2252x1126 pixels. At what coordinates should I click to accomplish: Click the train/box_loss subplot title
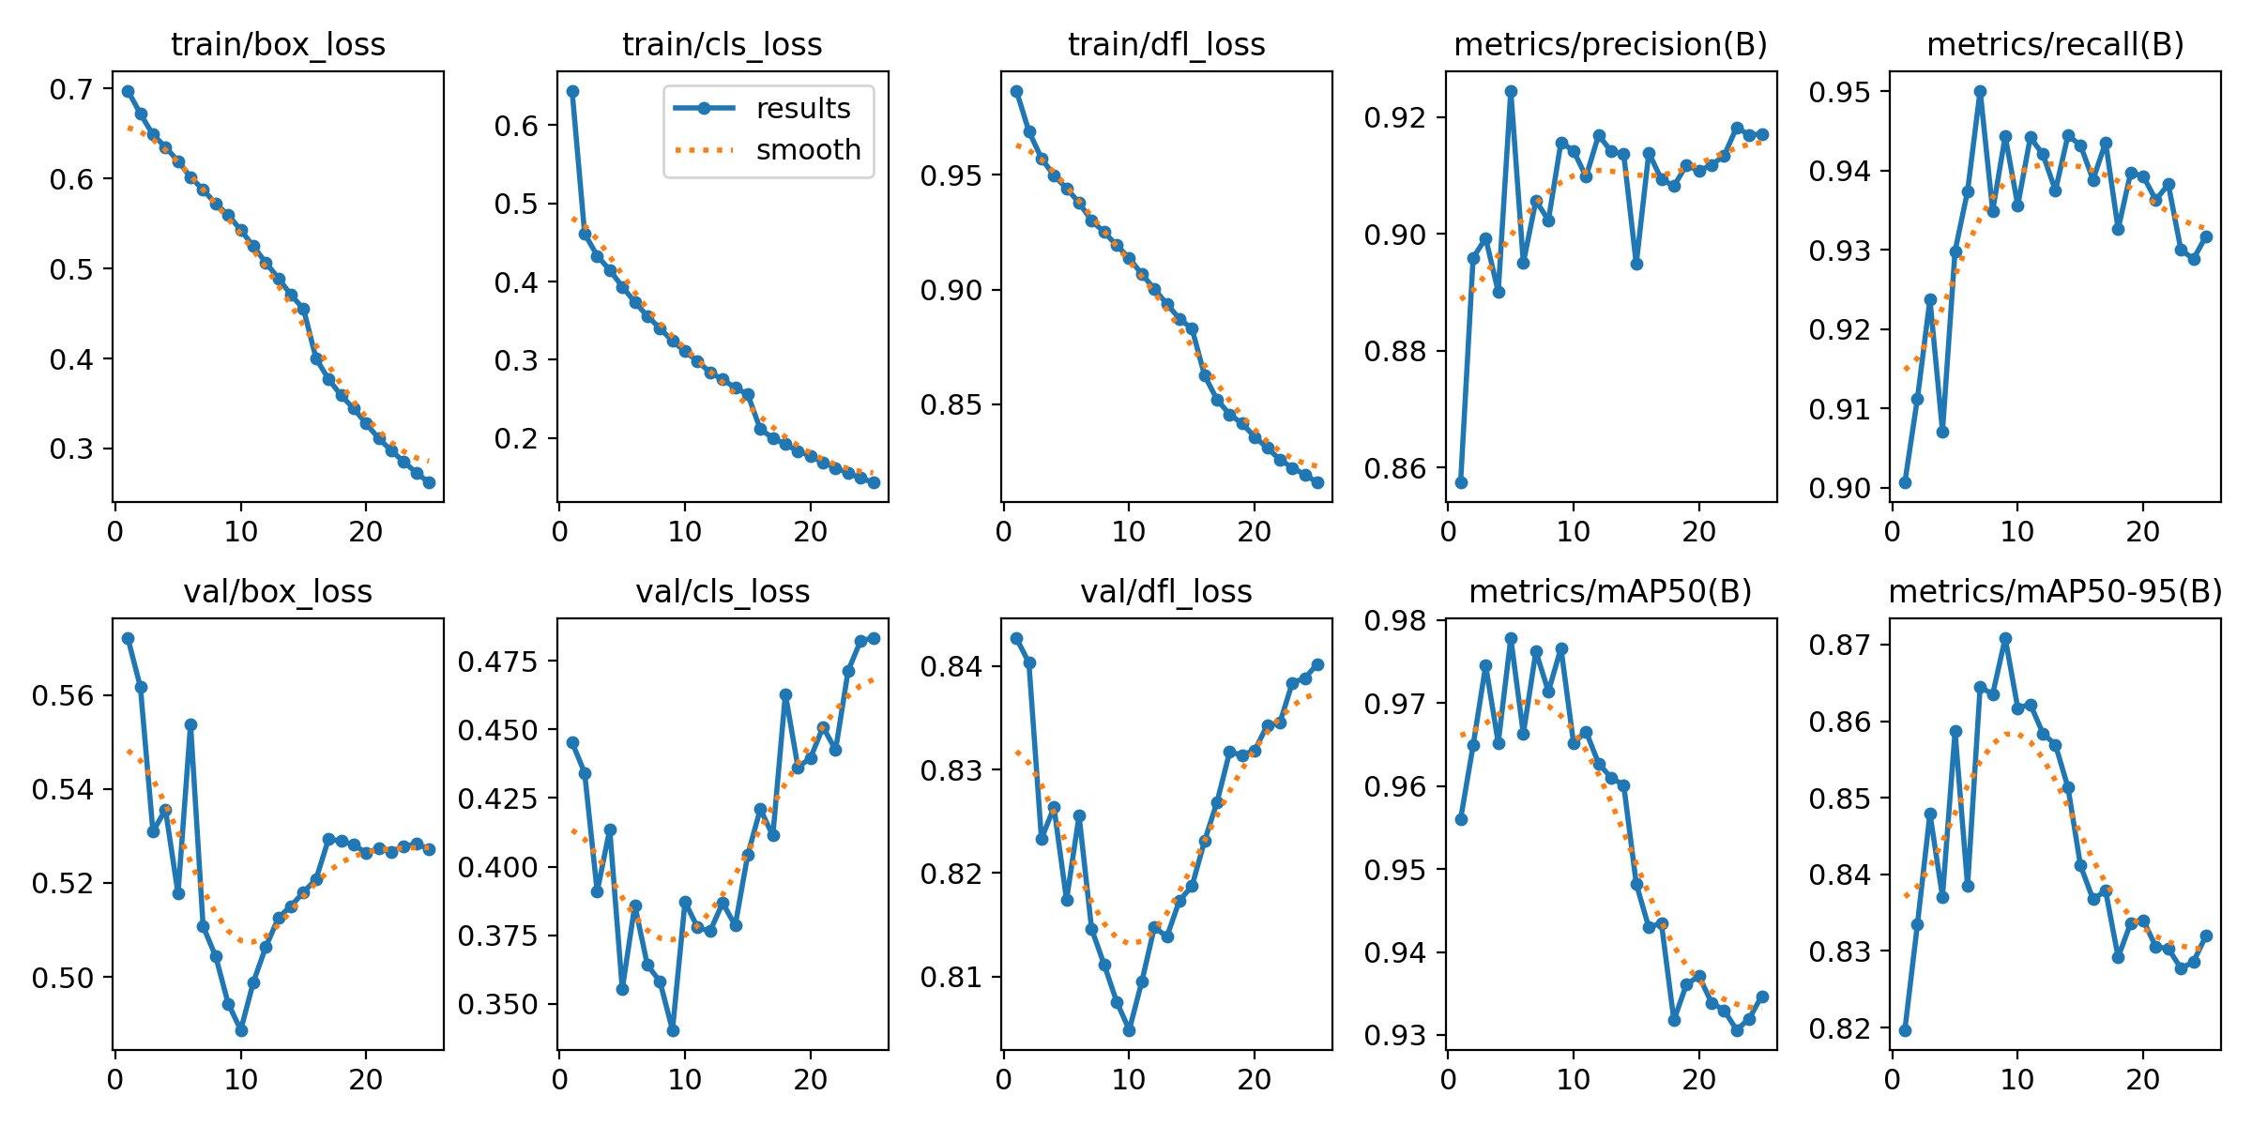(278, 44)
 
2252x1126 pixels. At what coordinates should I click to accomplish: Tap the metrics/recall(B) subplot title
(2055, 44)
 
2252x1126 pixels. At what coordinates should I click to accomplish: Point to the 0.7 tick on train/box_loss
(71, 90)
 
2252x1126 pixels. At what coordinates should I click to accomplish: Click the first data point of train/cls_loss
(572, 91)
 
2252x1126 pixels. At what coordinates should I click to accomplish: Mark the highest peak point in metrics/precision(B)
(1511, 91)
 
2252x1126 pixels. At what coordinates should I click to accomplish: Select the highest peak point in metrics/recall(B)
(1980, 91)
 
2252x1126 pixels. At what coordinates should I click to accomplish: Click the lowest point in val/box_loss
(241, 1030)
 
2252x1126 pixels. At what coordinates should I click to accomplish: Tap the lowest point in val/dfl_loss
(1129, 1030)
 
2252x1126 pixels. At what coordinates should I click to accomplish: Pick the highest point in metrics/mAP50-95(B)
(2005, 638)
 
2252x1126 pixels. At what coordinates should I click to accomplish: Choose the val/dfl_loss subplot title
(1166, 591)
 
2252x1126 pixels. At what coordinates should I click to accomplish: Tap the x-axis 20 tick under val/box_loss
(366, 1079)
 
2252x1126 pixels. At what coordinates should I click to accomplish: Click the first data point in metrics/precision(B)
(1461, 482)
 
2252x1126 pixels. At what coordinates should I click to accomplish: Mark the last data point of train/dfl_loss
(1317, 482)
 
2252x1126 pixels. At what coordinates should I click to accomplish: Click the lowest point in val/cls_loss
(673, 1030)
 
